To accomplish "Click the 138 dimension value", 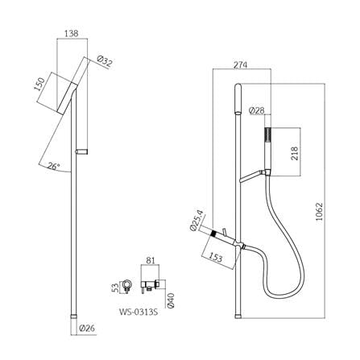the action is click(72, 34).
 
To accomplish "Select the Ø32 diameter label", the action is click(105, 61).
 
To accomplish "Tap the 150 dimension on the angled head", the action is click(39, 84).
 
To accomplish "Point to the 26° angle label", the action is click(53, 167).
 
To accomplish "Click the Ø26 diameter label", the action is click(88, 328).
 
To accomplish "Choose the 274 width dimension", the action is click(240, 65).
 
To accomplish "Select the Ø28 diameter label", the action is click(257, 110).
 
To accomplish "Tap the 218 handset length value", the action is click(295, 153).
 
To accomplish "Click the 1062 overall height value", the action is click(320, 212).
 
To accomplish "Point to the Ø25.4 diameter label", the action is click(197, 220).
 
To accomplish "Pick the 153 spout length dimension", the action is click(215, 256).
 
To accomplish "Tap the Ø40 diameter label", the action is click(172, 300).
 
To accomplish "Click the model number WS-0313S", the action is click(139, 312).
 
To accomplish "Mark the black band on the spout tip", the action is click(213, 234).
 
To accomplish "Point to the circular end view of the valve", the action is click(127, 285).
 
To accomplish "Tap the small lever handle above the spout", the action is click(224, 231).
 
